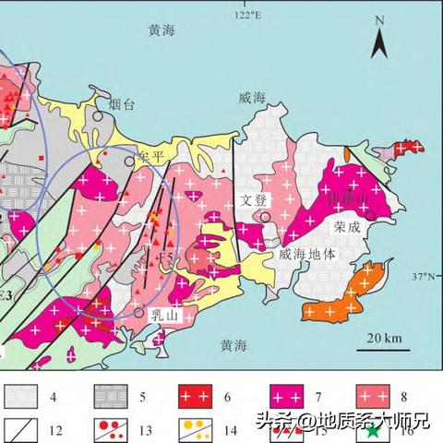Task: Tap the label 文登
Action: click(252, 199)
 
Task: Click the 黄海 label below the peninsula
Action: click(233, 345)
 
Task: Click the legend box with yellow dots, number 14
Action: click(188, 428)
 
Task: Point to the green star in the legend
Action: click(371, 430)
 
